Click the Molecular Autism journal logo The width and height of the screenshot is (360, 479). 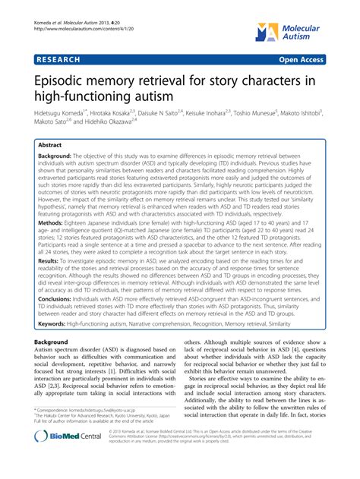coord(320,28)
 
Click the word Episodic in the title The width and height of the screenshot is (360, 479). coord(58,77)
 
